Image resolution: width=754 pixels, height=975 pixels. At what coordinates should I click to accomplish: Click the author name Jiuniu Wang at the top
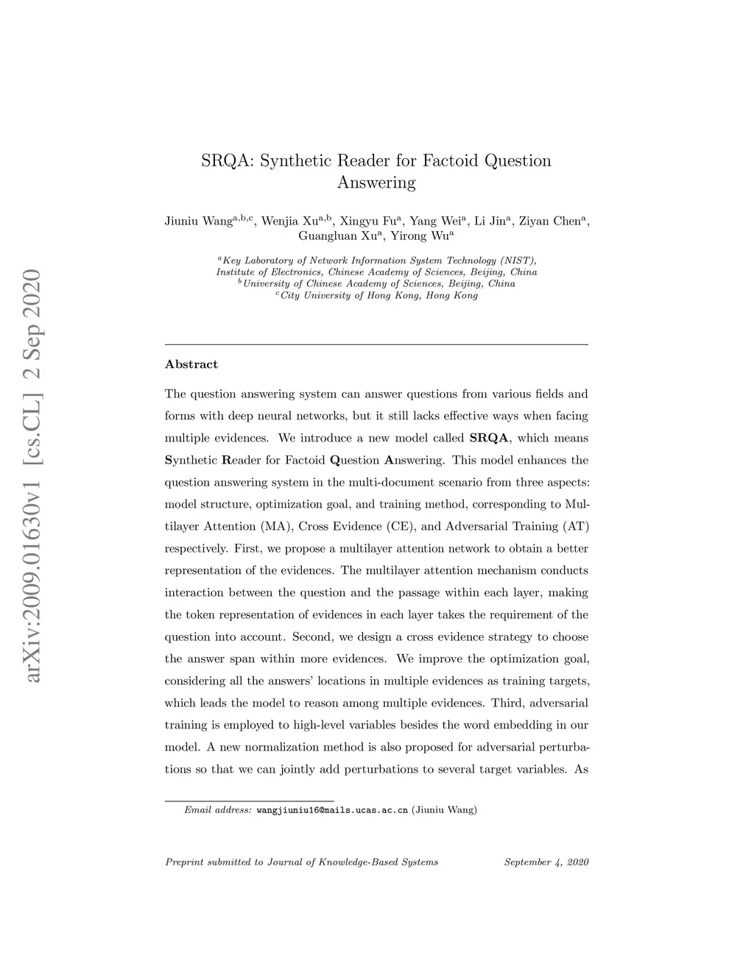click(198, 221)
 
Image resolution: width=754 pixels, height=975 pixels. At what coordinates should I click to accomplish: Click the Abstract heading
click(191, 364)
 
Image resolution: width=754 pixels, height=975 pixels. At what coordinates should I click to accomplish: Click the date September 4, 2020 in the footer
click(546, 862)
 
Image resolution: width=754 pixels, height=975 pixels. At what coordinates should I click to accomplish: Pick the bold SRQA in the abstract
click(489, 438)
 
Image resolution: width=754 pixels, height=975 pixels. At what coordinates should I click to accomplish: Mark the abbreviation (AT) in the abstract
click(575, 526)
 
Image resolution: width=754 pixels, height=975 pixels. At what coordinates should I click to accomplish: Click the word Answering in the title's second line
click(376, 182)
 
